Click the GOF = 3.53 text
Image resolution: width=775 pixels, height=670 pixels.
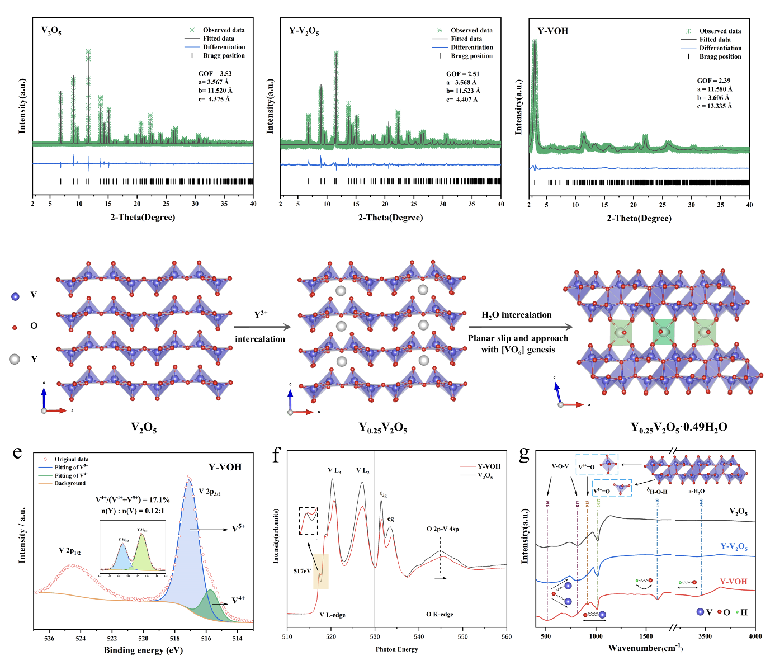(x=215, y=73)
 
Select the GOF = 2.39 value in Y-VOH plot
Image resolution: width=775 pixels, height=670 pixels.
(x=713, y=81)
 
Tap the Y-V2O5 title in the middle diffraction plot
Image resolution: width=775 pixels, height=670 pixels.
(x=304, y=31)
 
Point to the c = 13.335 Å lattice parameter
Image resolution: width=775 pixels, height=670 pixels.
(x=715, y=106)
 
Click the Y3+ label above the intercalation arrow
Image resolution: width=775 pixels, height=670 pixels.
(x=261, y=314)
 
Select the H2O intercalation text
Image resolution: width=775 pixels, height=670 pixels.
(x=517, y=315)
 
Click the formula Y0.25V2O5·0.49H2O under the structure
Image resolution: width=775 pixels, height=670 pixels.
(x=679, y=428)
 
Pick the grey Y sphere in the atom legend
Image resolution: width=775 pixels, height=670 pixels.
(x=15, y=359)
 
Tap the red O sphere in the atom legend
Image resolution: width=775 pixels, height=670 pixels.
(x=15, y=327)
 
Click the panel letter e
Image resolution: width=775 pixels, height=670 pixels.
(x=17, y=452)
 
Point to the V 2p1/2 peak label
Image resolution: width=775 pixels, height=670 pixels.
(x=70, y=551)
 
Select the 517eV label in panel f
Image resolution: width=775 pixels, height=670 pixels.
(x=302, y=571)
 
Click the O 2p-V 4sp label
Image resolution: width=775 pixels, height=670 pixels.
(x=443, y=529)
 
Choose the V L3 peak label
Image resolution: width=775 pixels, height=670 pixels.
(x=334, y=471)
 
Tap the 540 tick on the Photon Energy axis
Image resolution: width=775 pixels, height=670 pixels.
(x=419, y=636)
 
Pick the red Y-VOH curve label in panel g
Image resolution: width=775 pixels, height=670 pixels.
(x=733, y=582)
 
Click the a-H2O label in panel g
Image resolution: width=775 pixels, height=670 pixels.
(x=696, y=491)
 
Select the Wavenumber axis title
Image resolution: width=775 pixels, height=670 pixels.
(x=645, y=648)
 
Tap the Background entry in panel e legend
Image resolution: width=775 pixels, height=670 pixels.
(x=70, y=483)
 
